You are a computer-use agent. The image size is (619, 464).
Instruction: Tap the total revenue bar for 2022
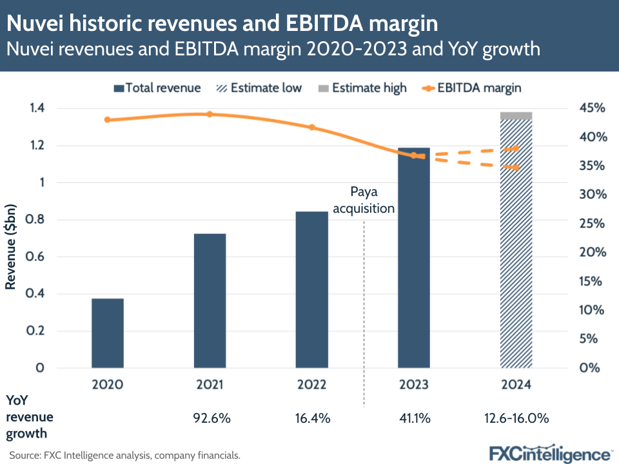[312, 290]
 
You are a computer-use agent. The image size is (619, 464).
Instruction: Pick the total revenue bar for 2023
[414, 258]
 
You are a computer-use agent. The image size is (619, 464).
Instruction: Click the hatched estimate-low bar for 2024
[516, 245]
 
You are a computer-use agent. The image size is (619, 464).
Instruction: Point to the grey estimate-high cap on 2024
[516, 116]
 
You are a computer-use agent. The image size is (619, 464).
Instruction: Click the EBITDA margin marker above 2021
[210, 114]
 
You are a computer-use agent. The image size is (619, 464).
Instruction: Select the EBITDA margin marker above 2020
[108, 120]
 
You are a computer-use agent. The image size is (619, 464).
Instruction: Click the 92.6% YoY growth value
[210, 418]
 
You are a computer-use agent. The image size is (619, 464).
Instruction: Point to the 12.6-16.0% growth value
[516, 418]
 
